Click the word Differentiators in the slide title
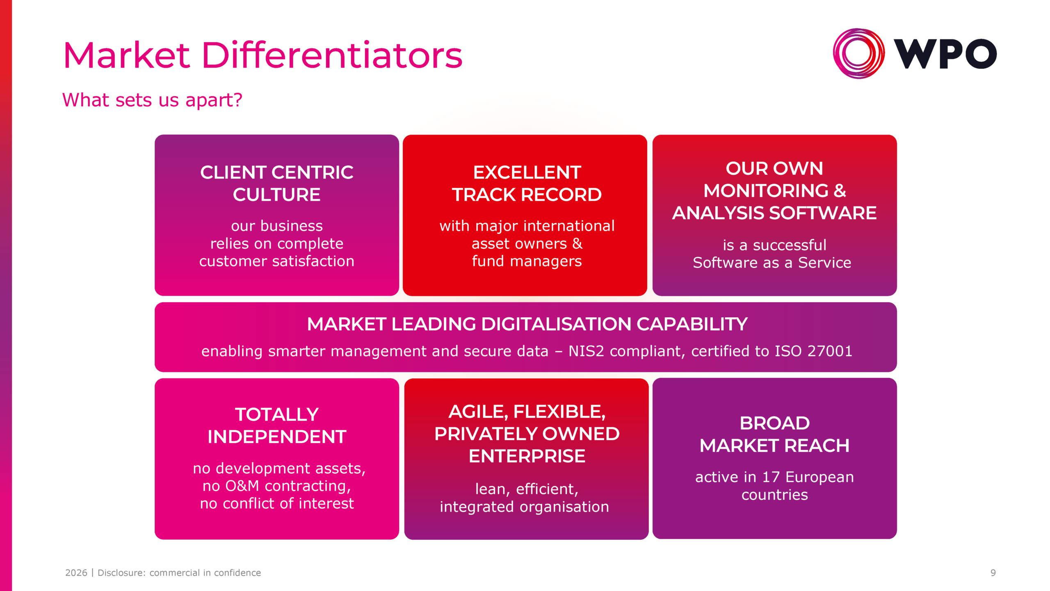click(332, 55)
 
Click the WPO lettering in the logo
click(945, 54)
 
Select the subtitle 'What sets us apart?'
click(152, 100)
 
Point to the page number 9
click(993, 573)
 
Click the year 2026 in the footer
click(76, 573)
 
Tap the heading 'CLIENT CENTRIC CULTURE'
click(277, 183)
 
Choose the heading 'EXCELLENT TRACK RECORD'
click(527, 183)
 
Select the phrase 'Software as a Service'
click(772, 263)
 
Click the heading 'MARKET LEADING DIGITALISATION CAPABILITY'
click(527, 324)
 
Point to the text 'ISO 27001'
click(813, 351)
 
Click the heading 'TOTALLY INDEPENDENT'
click(277, 426)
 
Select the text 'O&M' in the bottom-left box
click(242, 486)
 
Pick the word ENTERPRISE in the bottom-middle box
click(527, 456)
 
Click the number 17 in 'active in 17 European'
click(771, 477)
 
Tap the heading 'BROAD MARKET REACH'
click(774, 434)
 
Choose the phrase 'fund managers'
click(527, 261)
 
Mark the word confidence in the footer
click(237, 573)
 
